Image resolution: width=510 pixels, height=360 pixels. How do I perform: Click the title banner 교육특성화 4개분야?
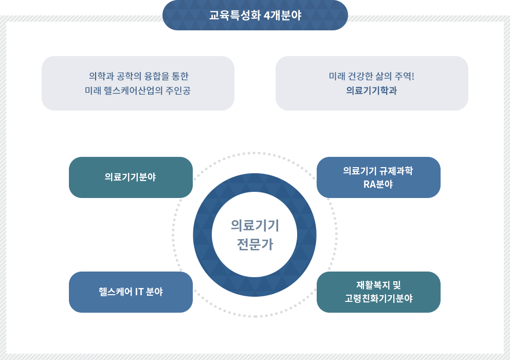coord(255,15)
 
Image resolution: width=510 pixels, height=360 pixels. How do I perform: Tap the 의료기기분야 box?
coord(131,177)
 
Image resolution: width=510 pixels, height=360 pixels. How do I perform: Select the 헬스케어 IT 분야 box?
coord(131,292)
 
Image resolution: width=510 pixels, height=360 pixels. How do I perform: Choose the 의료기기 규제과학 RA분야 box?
coord(378,177)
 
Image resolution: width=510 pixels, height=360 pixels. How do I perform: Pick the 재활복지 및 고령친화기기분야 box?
coord(378,292)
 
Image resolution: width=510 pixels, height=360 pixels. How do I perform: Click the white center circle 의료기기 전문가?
coord(254,235)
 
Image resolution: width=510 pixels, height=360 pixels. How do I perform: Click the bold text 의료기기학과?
coord(371,91)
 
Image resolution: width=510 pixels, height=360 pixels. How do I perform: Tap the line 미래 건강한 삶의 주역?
coord(371,77)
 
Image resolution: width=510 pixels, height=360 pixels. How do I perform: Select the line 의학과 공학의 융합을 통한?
coord(139,77)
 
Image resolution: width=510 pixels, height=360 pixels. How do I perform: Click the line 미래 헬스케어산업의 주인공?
coord(138,91)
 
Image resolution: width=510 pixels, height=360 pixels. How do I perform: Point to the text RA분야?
coord(378,185)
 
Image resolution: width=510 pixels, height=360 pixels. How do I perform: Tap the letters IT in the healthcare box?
coord(139,292)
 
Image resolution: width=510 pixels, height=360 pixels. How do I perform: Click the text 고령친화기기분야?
coord(379,298)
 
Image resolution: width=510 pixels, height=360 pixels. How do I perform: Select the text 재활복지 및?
coord(378,285)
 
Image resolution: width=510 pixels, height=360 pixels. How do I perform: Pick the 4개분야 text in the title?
coord(282,15)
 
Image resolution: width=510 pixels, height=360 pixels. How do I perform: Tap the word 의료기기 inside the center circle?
coord(254,225)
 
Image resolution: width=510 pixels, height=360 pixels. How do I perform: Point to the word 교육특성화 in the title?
coord(234,15)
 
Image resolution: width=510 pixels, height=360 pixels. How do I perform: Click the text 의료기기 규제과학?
coord(378,171)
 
